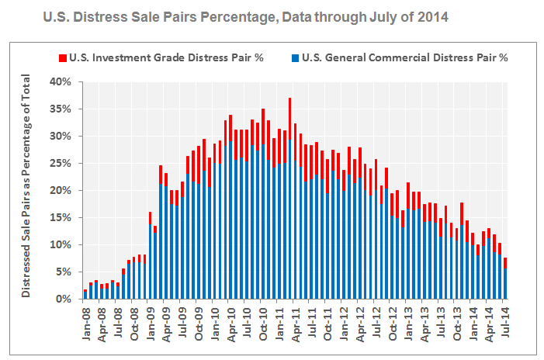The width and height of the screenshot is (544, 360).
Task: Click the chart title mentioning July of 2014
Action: click(251, 16)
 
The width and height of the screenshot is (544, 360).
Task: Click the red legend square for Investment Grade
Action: click(63, 57)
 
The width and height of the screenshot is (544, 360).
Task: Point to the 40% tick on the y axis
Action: click(61, 81)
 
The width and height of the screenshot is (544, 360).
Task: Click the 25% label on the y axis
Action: click(61, 163)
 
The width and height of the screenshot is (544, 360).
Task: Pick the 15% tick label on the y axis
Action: click(61, 217)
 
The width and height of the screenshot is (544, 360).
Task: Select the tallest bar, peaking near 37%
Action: click(289, 202)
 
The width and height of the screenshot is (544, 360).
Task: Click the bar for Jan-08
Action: click(85, 294)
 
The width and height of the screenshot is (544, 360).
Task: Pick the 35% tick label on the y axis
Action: click(61, 109)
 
